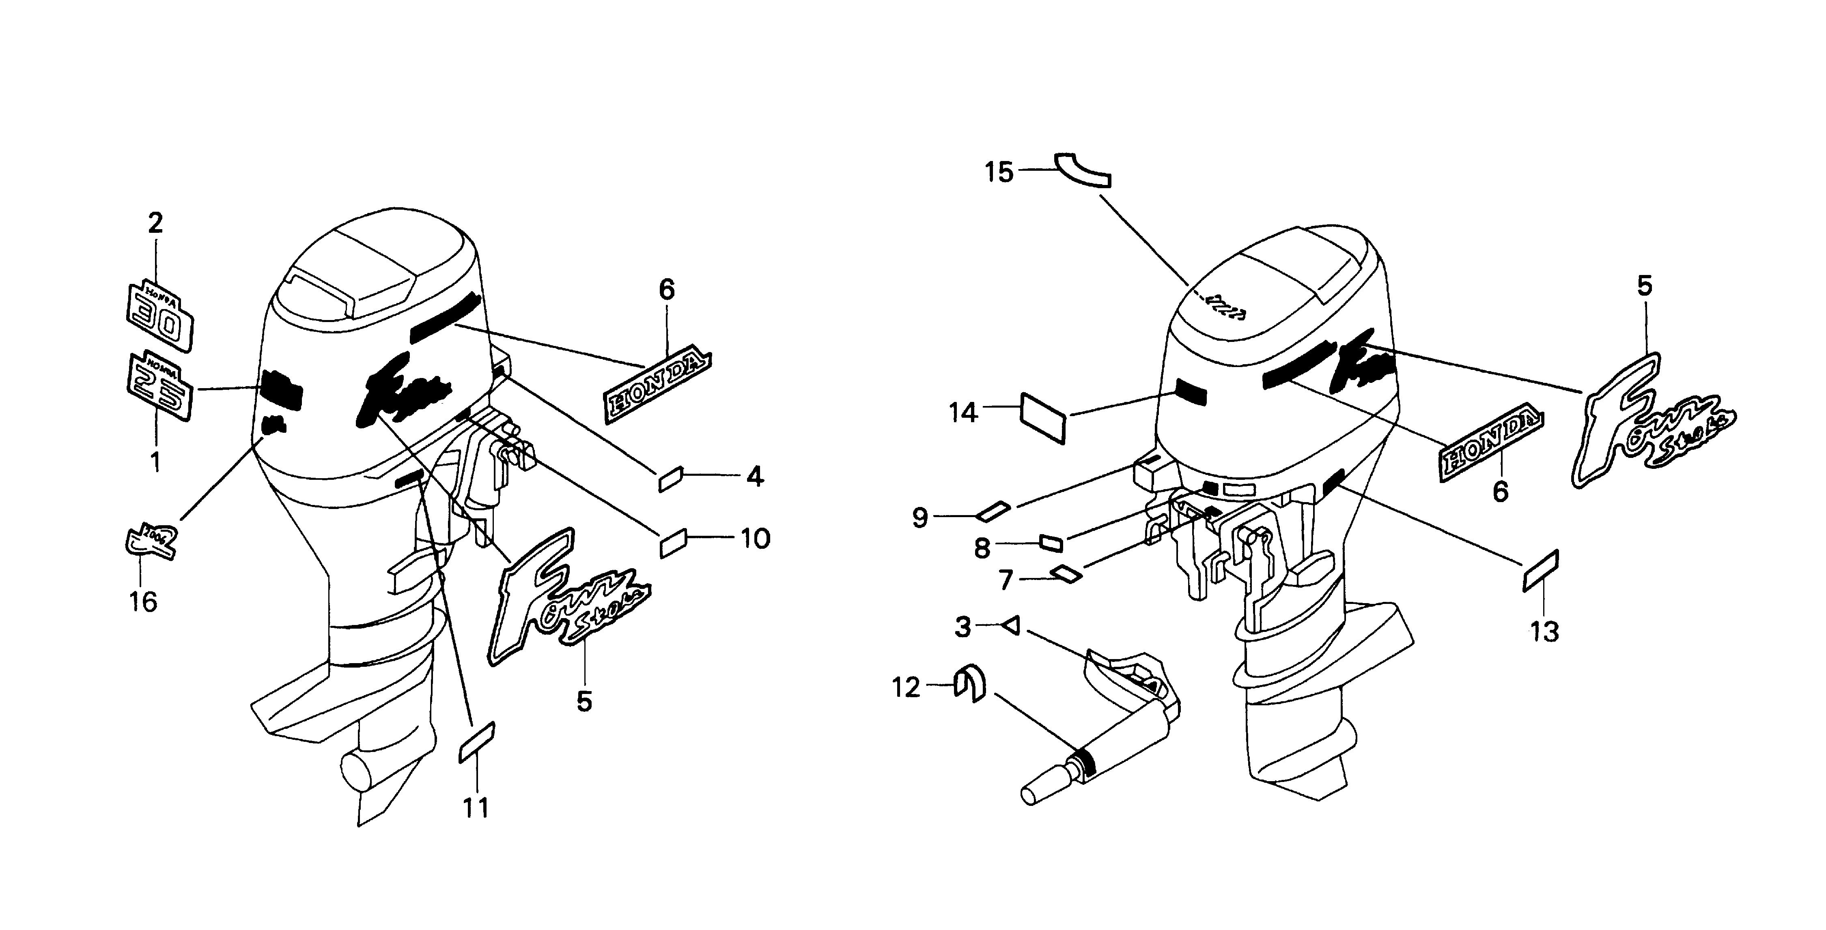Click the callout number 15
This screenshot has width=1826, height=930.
[x=999, y=172]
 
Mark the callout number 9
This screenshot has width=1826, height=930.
[x=920, y=518]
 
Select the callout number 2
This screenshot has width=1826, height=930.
[x=155, y=223]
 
